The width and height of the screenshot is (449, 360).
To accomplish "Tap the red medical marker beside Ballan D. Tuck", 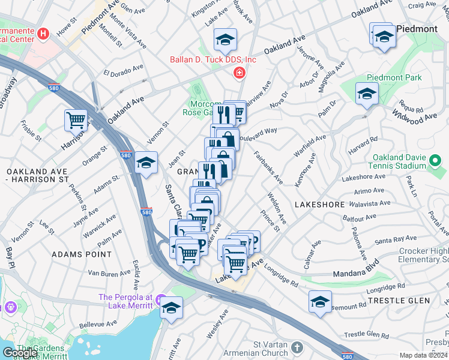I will point(240,73).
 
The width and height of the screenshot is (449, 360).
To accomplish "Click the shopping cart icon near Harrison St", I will point(76,120).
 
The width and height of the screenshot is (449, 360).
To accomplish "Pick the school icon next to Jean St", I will point(145,163).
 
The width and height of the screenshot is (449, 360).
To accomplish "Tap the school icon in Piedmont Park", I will point(366,94).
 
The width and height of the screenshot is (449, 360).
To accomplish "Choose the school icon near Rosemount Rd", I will point(320,302).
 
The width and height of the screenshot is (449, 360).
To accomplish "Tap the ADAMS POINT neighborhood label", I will point(82,254).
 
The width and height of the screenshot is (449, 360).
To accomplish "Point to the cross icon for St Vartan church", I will point(297,347).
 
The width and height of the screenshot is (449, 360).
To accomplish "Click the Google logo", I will point(20,353).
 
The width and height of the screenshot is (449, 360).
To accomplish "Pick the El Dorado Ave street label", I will point(124,70).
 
